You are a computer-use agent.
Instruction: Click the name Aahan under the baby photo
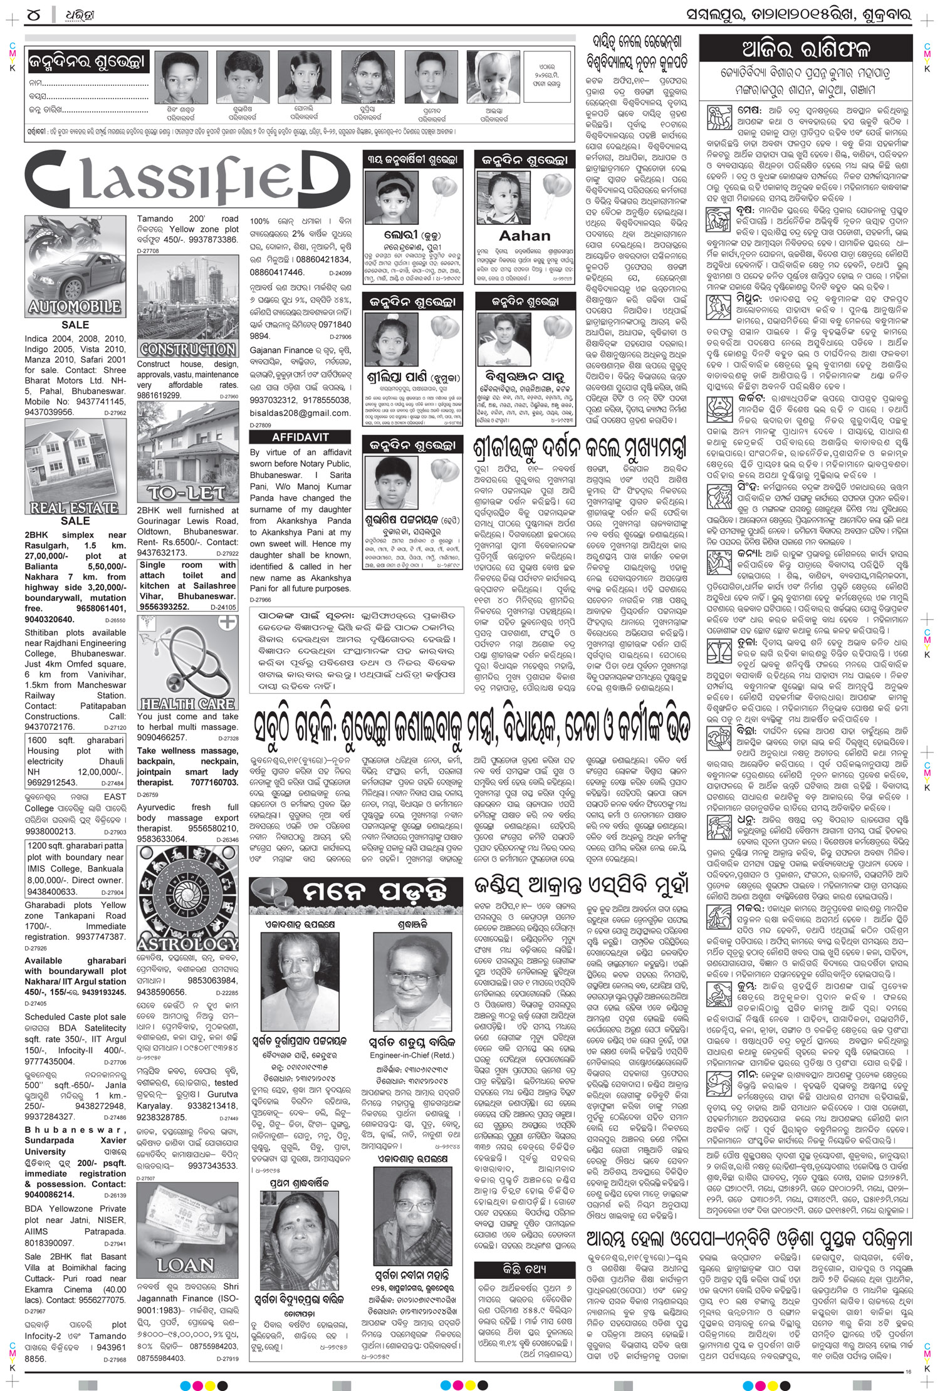click(x=524, y=236)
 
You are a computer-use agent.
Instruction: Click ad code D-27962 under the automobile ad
click(x=113, y=413)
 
